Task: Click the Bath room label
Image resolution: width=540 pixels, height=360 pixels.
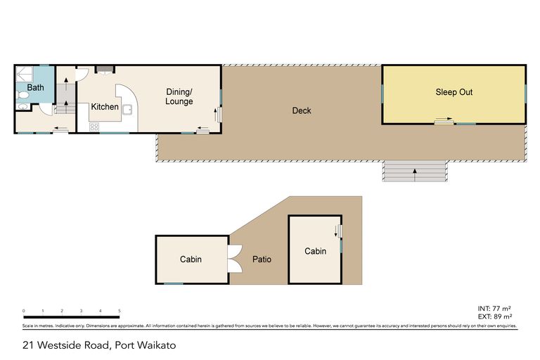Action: pos(35,89)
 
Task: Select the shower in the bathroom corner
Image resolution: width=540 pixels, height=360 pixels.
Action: pos(25,74)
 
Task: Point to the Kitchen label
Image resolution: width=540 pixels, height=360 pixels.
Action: pos(105,107)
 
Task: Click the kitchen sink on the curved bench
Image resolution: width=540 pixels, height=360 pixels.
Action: pos(129,108)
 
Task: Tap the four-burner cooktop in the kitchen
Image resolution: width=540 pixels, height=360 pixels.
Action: pos(94,127)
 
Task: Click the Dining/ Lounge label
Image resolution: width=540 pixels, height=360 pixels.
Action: pos(179,96)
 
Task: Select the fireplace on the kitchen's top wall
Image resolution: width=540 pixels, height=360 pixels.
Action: pos(105,69)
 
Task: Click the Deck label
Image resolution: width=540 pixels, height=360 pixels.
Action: pos(301,110)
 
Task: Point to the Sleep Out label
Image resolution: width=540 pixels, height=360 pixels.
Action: pos(454,92)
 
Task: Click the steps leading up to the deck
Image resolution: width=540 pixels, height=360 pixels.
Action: pos(414,171)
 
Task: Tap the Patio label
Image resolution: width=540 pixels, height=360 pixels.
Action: pos(262,259)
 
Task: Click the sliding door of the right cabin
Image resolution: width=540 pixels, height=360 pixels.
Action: pos(338,230)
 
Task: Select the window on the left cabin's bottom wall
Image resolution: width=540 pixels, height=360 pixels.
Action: pos(174,283)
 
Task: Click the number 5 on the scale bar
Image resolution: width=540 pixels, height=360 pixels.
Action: pos(120,311)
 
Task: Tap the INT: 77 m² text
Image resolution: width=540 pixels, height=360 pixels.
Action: pos(493,309)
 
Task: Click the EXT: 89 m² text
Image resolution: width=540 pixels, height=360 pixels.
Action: pos(493,316)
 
